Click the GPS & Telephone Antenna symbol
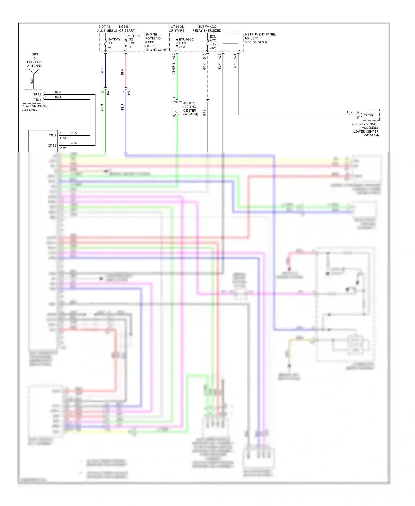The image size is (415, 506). [34, 71]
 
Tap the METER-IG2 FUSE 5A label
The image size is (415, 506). [133, 41]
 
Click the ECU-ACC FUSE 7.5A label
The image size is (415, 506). [213, 42]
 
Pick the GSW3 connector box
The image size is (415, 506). [371, 115]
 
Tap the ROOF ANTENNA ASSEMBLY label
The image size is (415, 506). [34, 108]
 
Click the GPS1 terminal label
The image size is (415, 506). [37, 94]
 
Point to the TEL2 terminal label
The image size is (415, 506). [52, 135]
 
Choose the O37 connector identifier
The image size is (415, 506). [63, 148]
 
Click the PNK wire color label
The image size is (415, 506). [123, 72]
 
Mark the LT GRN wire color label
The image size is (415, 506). [174, 69]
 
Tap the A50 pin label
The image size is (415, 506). [174, 56]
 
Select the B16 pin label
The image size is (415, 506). [204, 56]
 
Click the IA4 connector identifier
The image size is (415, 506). [108, 92]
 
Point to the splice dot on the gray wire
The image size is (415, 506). [207, 100]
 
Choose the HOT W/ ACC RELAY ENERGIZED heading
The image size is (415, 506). [207, 29]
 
